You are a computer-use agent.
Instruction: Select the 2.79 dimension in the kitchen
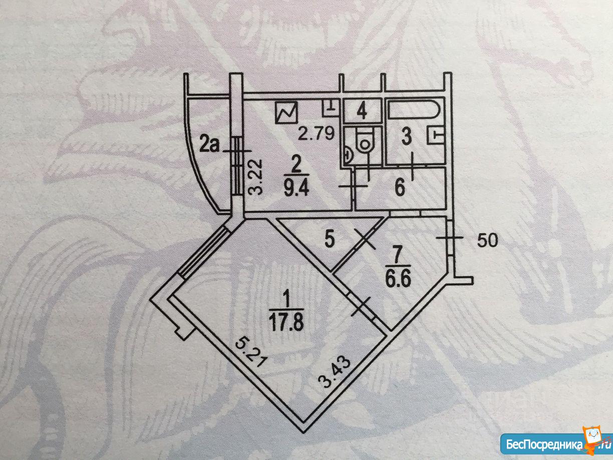(314, 134)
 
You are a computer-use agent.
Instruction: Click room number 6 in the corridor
(399, 189)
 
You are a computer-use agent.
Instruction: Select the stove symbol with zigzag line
(286, 114)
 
